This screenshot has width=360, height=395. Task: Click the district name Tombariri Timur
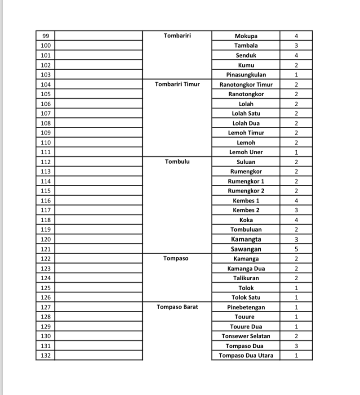pyautogui.click(x=177, y=84)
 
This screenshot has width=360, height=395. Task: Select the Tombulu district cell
pyautogui.click(x=177, y=162)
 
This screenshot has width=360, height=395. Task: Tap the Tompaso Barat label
pyautogui.click(x=177, y=307)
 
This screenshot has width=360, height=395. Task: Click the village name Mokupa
pyautogui.click(x=246, y=36)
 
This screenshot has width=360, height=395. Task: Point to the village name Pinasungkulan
pyautogui.click(x=246, y=75)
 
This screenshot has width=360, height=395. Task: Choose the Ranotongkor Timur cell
pyautogui.click(x=246, y=85)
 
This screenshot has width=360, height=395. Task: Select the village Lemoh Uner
pyautogui.click(x=246, y=152)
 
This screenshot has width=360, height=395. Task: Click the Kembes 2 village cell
pyautogui.click(x=246, y=210)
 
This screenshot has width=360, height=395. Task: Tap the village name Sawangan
pyautogui.click(x=246, y=249)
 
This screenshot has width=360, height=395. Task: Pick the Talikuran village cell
pyautogui.click(x=246, y=278)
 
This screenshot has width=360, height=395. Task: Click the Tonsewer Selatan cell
pyautogui.click(x=246, y=336)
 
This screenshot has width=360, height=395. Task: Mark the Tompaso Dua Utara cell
pyautogui.click(x=246, y=355)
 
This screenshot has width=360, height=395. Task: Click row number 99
pyautogui.click(x=45, y=36)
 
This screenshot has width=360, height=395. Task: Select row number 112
pyautogui.click(x=45, y=162)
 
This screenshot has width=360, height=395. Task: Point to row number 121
pyautogui.click(x=45, y=249)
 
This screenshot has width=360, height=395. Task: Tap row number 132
pyautogui.click(x=45, y=355)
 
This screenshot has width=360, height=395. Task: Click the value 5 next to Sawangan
pyautogui.click(x=296, y=249)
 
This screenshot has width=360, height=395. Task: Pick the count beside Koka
pyautogui.click(x=296, y=220)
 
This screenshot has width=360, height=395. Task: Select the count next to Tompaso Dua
pyautogui.click(x=296, y=346)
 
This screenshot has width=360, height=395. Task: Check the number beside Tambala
pyautogui.click(x=296, y=45)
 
